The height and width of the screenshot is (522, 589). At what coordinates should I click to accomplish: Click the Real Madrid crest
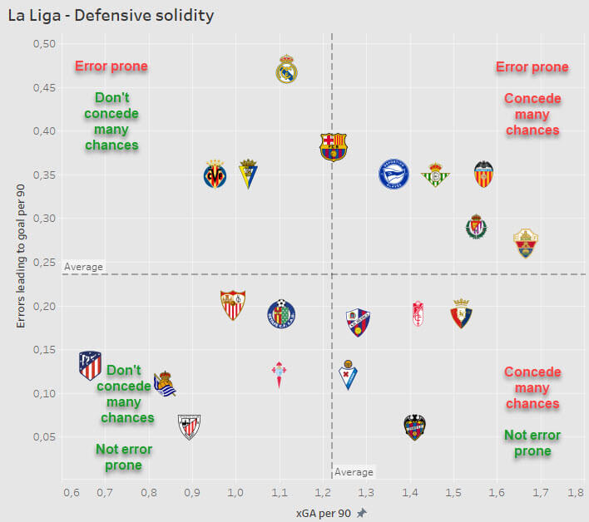[x=287, y=69]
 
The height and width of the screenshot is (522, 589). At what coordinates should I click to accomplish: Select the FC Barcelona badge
[x=334, y=146]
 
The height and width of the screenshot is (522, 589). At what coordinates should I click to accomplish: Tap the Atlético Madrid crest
[x=90, y=365]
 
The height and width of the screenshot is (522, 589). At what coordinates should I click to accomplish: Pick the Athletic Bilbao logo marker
[x=190, y=426]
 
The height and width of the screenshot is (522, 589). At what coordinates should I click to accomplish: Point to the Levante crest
[x=414, y=427]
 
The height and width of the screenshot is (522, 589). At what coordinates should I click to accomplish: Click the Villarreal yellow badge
[x=215, y=175]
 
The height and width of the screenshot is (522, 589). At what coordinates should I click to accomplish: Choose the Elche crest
[x=525, y=243]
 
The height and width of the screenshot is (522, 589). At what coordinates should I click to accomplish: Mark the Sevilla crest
[x=233, y=305]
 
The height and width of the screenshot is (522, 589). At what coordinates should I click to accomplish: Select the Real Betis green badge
[x=435, y=175]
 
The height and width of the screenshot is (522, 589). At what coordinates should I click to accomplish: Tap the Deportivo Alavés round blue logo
[x=394, y=174]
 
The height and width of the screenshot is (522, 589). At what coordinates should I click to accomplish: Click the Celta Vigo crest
[x=280, y=375]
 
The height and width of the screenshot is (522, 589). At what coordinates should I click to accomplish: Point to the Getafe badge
[x=281, y=313]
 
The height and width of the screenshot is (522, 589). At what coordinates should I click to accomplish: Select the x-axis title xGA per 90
[x=324, y=513]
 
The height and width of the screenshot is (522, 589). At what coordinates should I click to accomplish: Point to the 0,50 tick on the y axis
[x=44, y=44]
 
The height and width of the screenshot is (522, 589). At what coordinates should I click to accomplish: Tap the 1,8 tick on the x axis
[x=574, y=493]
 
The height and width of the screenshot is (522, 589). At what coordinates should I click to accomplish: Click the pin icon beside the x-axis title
[x=361, y=513]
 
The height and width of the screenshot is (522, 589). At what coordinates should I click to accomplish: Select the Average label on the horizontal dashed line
[x=83, y=267]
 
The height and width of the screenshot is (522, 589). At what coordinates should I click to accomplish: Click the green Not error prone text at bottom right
[x=532, y=443]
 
